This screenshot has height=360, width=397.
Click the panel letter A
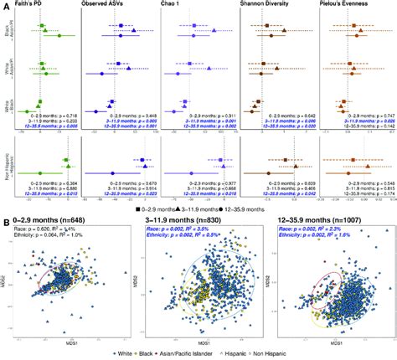[4, 5]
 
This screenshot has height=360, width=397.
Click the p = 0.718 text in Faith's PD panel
[61, 114]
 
